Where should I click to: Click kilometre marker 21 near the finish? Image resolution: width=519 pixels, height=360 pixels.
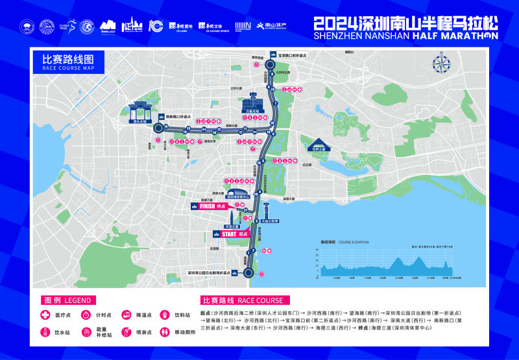245,208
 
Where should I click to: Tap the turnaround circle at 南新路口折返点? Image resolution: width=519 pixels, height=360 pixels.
157,128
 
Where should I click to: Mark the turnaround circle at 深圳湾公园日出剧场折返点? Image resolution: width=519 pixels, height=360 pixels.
248,273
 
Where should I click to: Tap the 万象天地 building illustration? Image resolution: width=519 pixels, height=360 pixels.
252,104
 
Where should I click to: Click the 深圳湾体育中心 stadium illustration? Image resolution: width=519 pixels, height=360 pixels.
240,194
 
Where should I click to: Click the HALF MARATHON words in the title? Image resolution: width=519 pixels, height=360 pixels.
453,36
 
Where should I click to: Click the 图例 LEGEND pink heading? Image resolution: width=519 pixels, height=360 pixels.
67,301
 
